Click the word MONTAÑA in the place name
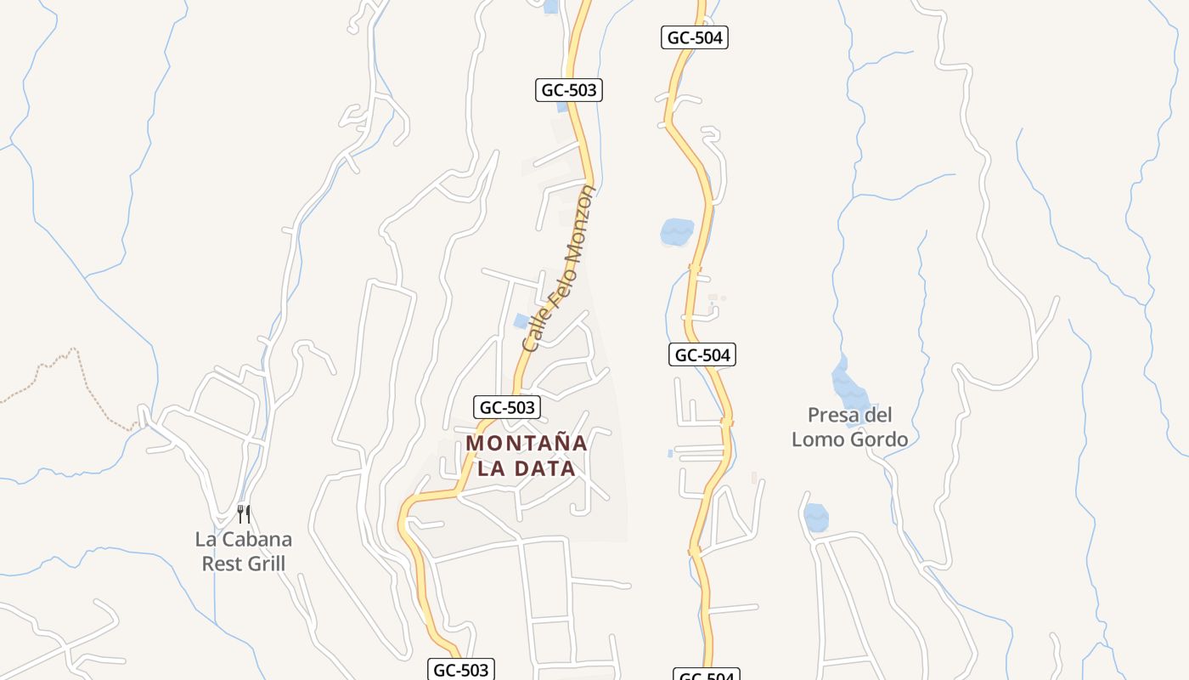click(x=527, y=443)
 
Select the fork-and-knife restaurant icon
click(x=244, y=514)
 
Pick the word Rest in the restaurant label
click(x=217, y=564)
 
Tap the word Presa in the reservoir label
click(x=831, y=416)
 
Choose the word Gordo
click(x=879, y=439)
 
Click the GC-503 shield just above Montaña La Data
click(x=507, y=407)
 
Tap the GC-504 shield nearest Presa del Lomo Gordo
click(x=702, y=355)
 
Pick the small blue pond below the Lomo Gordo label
click(x=816, y=517)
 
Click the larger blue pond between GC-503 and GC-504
click(x=677, y=231)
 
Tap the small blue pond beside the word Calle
click(x=521, y=320)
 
